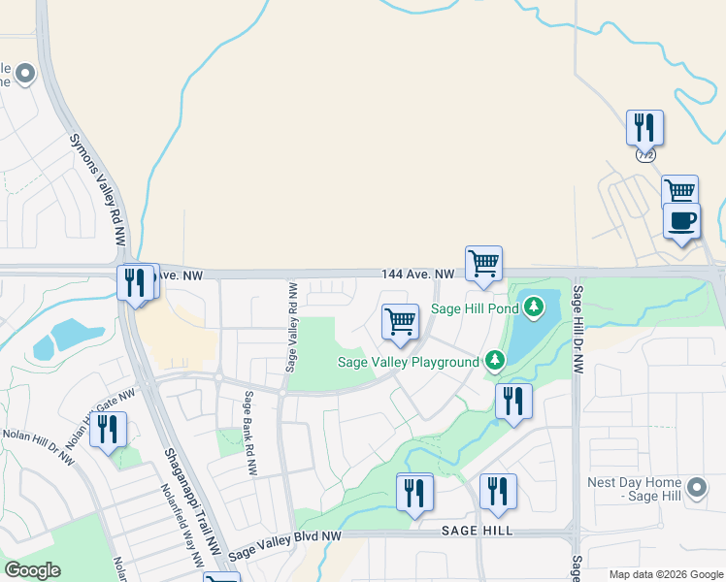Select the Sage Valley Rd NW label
(291, 327)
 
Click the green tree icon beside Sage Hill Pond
(533, 308)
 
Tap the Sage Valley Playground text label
(408, 363)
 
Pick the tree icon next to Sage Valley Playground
(495, 362)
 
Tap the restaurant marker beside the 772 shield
(644, 127)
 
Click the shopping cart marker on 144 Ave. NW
(483, 263)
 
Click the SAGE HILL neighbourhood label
(477, 532)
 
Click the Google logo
(32, 570)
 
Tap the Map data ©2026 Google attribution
(666, 575)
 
